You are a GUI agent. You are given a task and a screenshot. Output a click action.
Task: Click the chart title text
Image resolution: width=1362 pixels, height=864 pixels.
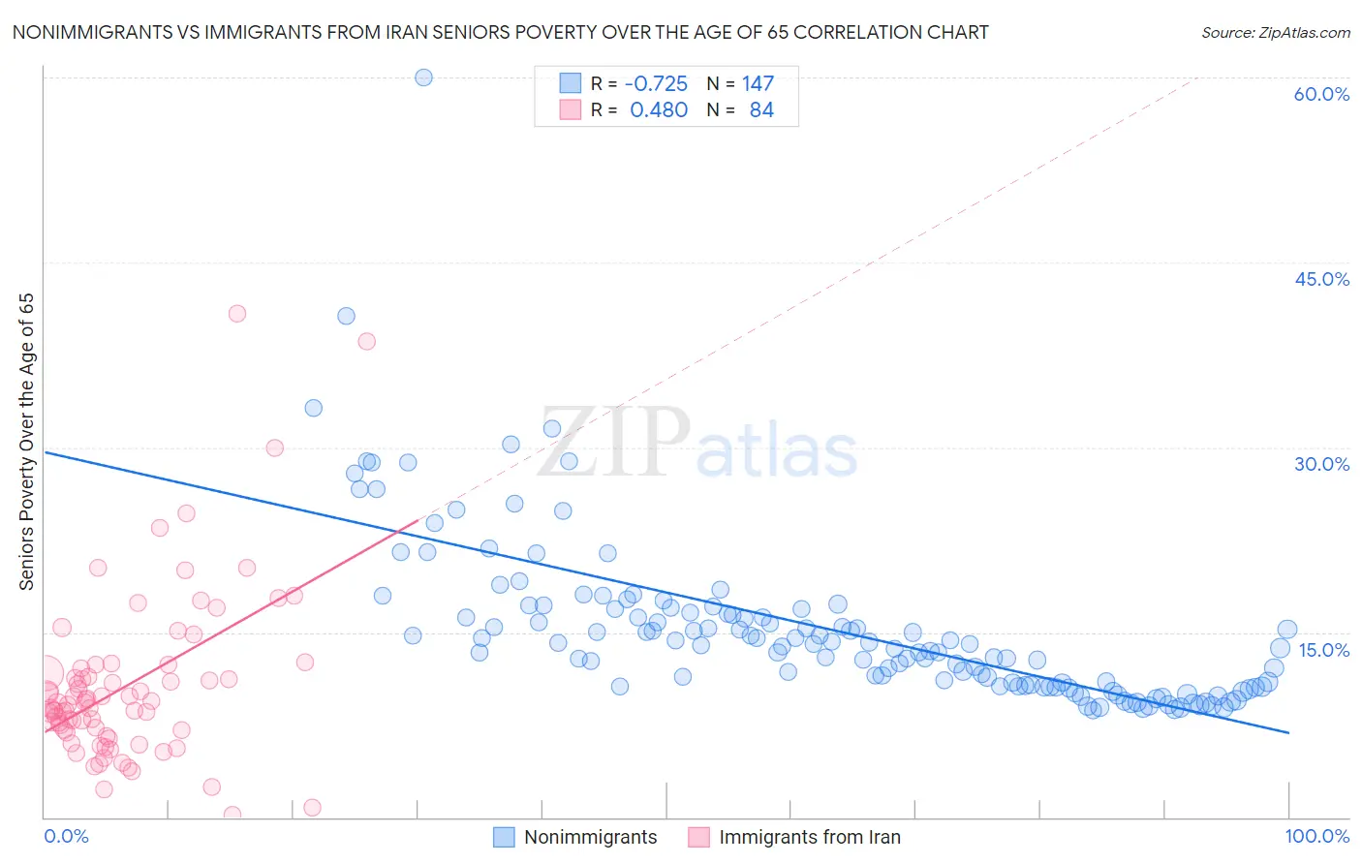(x=500, y=32)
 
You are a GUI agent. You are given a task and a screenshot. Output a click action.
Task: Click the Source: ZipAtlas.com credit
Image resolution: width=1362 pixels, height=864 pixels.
(x=1275, y=32)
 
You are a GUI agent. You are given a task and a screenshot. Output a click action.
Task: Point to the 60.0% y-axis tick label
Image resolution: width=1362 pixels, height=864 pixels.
(x=1321, y=94)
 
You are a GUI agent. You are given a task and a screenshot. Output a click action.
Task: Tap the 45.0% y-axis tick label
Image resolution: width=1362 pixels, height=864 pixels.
(x=1321, y=279)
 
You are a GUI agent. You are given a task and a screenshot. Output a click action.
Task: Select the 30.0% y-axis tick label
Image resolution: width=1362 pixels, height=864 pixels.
(x=1321, y=464)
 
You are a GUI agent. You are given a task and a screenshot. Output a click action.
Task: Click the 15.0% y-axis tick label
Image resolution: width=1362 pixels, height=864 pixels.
(x=1322, y=650)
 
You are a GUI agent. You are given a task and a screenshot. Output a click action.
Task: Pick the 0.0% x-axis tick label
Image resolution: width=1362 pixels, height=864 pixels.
(x=66, y=836)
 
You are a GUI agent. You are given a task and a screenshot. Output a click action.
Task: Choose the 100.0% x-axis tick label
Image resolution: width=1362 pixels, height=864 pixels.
(x=1316, y=836)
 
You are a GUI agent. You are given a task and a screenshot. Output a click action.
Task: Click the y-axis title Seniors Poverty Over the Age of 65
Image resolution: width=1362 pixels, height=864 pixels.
(x=26, y=442)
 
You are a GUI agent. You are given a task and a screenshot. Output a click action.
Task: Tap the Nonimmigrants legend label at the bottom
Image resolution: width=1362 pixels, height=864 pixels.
(x=590, y=837)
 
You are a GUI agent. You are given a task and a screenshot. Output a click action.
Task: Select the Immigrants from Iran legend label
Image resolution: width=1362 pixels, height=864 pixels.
(x=809, y=837)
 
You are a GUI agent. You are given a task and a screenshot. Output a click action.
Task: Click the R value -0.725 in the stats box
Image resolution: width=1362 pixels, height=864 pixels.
(x=656, y=83)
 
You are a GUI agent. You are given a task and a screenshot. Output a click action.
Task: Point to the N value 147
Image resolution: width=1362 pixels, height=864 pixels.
(x=758, y=83)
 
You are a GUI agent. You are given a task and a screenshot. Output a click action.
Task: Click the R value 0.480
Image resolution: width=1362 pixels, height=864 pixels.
(x=659, y=110)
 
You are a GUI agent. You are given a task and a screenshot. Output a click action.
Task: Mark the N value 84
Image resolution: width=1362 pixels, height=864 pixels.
(x=761, y=110)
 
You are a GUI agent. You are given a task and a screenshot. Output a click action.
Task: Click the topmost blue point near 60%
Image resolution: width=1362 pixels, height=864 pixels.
(x=423, y=77)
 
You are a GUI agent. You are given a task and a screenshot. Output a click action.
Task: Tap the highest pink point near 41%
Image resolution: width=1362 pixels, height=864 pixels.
(x=237, y=314)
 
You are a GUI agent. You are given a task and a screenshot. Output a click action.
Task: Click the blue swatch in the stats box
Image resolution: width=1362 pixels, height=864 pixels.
(x=570, y=83)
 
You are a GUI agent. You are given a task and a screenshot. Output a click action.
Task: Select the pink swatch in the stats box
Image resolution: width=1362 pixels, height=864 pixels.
(x=570, y=110)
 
